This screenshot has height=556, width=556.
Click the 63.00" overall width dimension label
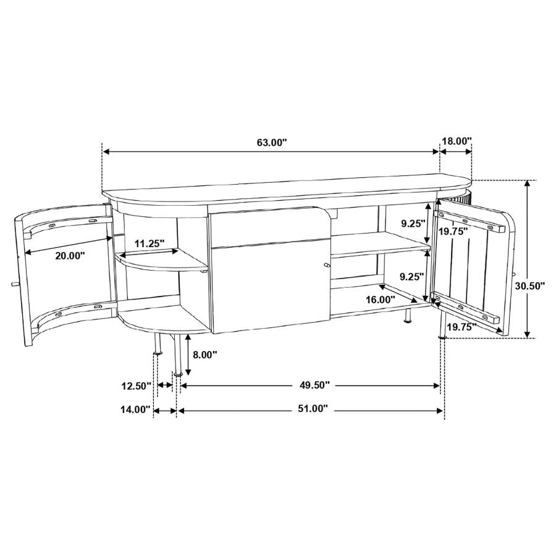(x=272, y=142)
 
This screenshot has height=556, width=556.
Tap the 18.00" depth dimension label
(x=456, y=141)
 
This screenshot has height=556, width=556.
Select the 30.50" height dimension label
(x=531, y=285)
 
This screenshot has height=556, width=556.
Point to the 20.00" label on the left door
(x=70, y=255)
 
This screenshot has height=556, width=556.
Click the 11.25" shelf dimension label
(x=151, y=243)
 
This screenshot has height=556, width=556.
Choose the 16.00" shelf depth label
(x=380, y=299)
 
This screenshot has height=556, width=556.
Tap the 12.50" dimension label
(x=137, y=386)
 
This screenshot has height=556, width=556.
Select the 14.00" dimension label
(x=135, y=409)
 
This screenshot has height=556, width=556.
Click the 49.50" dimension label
(x=314, y=385)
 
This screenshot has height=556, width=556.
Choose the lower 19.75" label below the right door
(x=461, y=327)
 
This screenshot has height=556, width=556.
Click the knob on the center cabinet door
(x=326, y=266)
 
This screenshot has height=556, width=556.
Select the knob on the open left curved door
(x=14, y=284)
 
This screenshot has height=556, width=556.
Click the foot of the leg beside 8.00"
(x=178, y=373)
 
